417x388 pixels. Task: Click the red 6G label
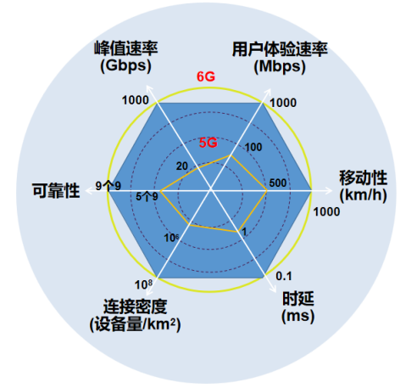[x=206, y=76]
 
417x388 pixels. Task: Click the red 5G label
[x=208, y=143]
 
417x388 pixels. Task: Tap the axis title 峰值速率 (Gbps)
[x=126, y=58]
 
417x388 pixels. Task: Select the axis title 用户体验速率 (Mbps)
[x=280, y=58]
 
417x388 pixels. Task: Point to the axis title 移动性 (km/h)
[x=364, y=186]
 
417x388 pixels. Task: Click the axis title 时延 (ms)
[x=298, y=307]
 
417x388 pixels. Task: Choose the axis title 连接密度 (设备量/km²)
[x=135, y=315]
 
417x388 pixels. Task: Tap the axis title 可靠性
[x=56, y=190]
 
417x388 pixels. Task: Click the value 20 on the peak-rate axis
[x=182, y=166]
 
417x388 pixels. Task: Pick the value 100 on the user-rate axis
[x=253, y=147]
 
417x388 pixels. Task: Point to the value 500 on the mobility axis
[x=278, y=183]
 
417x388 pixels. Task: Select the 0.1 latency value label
[x=284, y=276]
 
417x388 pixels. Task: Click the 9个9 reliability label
[x=108, y=186]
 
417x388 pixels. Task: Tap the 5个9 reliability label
[x=147, y=196]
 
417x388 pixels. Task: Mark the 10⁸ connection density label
[x=143, y=284]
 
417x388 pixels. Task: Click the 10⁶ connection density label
[x=171, y=238]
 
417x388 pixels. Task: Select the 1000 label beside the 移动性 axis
[x=326, y=211]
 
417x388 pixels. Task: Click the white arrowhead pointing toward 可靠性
[x=89, y=191]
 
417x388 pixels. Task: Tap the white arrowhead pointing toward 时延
[x=273, y=289]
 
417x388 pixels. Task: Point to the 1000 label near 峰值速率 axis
[x=136, y=100]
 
